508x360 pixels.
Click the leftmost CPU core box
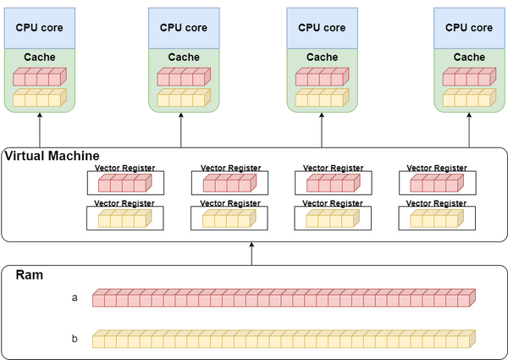click(x=40, y=28)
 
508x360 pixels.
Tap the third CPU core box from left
click(x=322, y=28)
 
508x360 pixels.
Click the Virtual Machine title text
click(x=52, y=156)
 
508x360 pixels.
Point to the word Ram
click(x=30, y=275)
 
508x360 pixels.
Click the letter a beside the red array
click(x=75, y=297)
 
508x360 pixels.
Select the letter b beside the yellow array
click(x=75, y=339)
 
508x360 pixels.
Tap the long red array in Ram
click(x=284, y=297)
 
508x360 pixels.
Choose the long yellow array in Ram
click(x=284, y=339)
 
